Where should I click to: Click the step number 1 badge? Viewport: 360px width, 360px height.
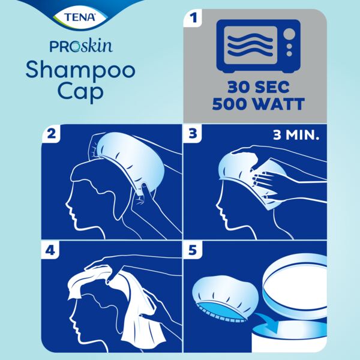click(x=193, y=19)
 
